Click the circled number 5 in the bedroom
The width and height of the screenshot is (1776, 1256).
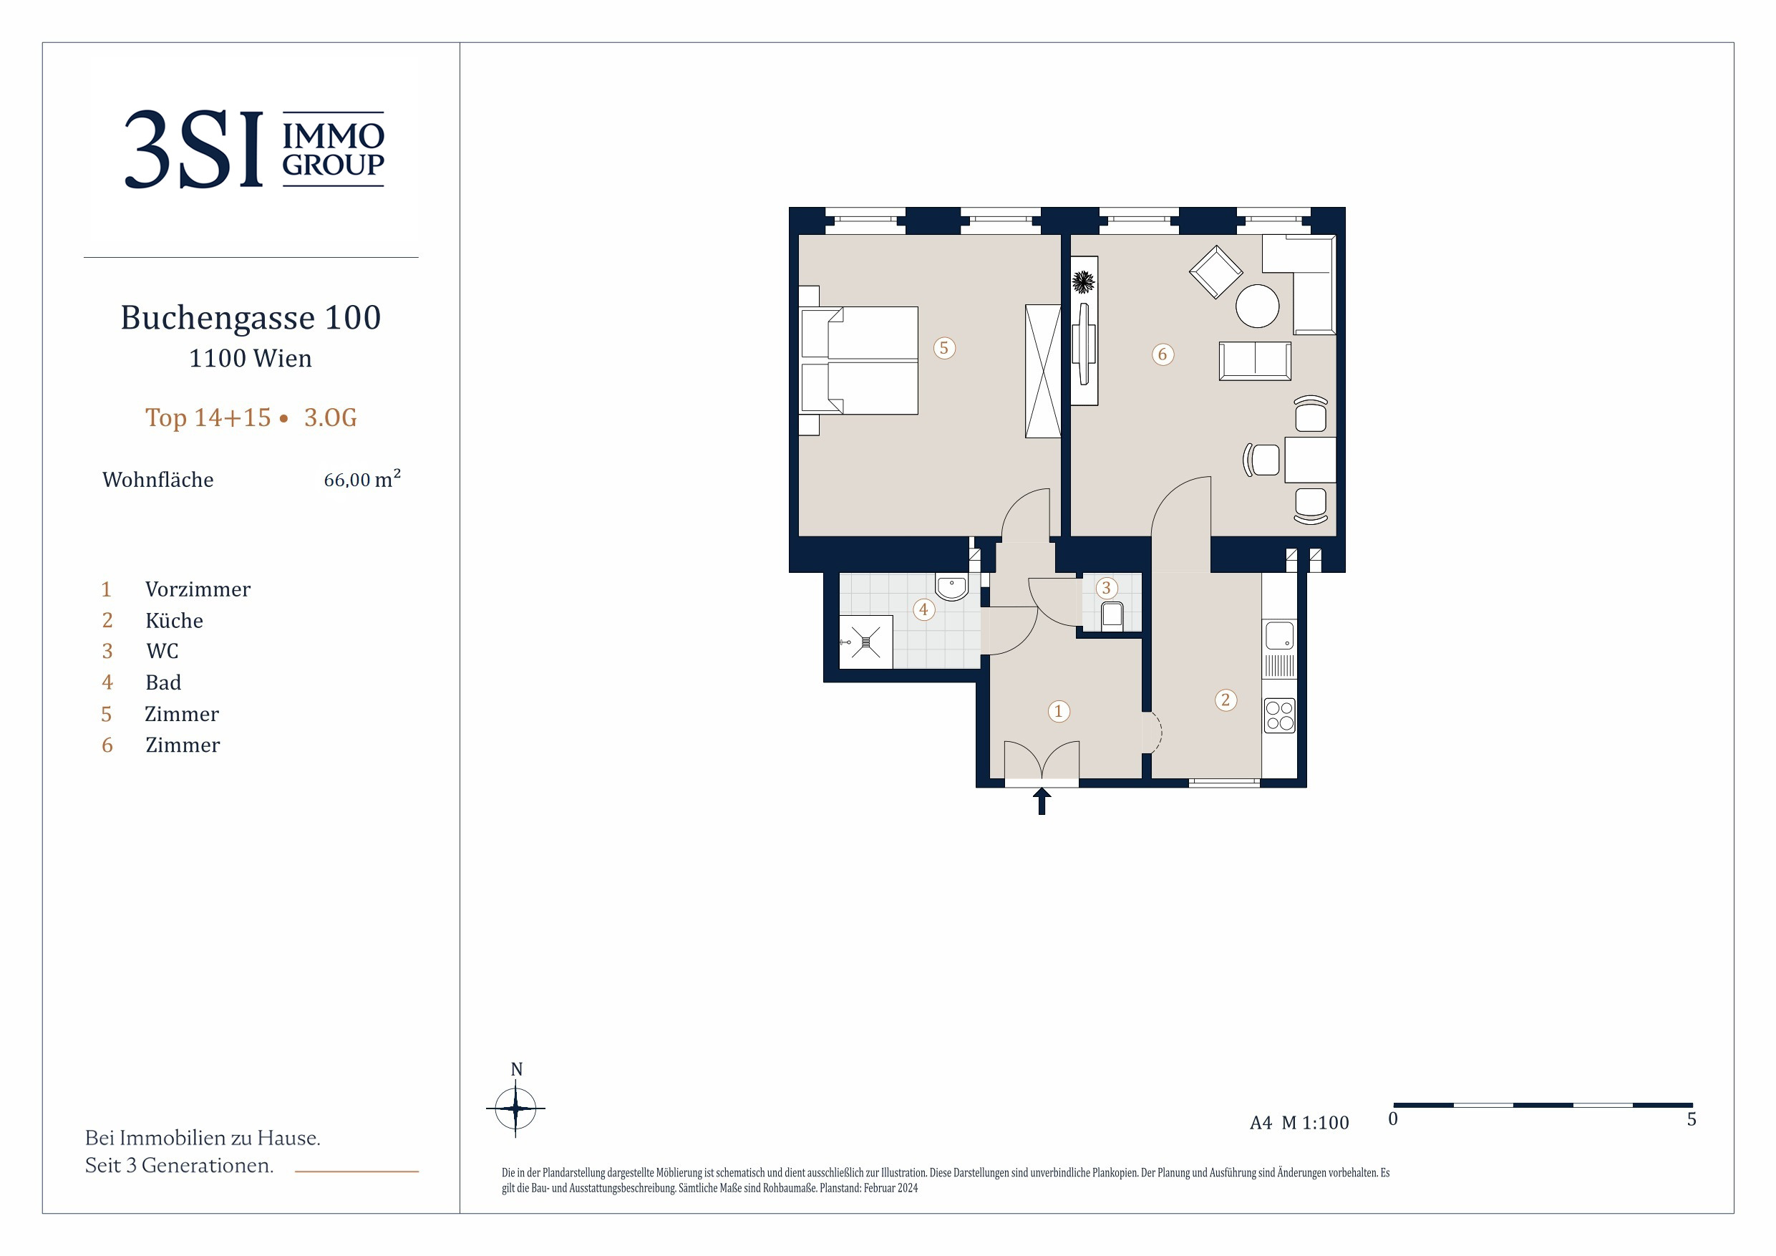(943, 348)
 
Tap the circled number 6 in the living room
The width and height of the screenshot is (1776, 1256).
(1162, 354)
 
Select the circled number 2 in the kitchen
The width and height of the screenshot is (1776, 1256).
(1226, 700)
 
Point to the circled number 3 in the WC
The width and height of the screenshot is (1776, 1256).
(1106, 588)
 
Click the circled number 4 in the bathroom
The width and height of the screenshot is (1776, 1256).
(923, 610)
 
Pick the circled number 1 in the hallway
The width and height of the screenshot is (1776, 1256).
(1058, 711)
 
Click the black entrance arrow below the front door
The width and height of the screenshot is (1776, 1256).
(1042, 801)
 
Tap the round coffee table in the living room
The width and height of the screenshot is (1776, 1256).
(1257, 306)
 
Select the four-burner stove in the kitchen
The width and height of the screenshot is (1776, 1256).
(1279, 716)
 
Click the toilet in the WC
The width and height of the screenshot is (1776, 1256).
(1112, 616)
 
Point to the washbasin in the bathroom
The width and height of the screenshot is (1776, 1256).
(951, 587)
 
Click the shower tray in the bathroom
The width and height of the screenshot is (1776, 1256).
(866, 642)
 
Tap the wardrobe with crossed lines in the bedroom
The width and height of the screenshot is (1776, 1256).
(1043, 372)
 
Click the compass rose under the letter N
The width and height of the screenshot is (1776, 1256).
(515, 1108)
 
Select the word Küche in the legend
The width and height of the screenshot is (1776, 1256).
(174, 621)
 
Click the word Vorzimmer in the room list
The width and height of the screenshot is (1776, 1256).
(198, 590)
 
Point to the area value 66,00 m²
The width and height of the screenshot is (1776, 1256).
(362, 478)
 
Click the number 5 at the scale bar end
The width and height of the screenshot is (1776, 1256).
(1692, 1119)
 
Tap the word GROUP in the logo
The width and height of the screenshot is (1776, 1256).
(334, 165)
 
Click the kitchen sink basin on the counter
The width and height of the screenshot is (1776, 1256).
(1279, 635)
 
